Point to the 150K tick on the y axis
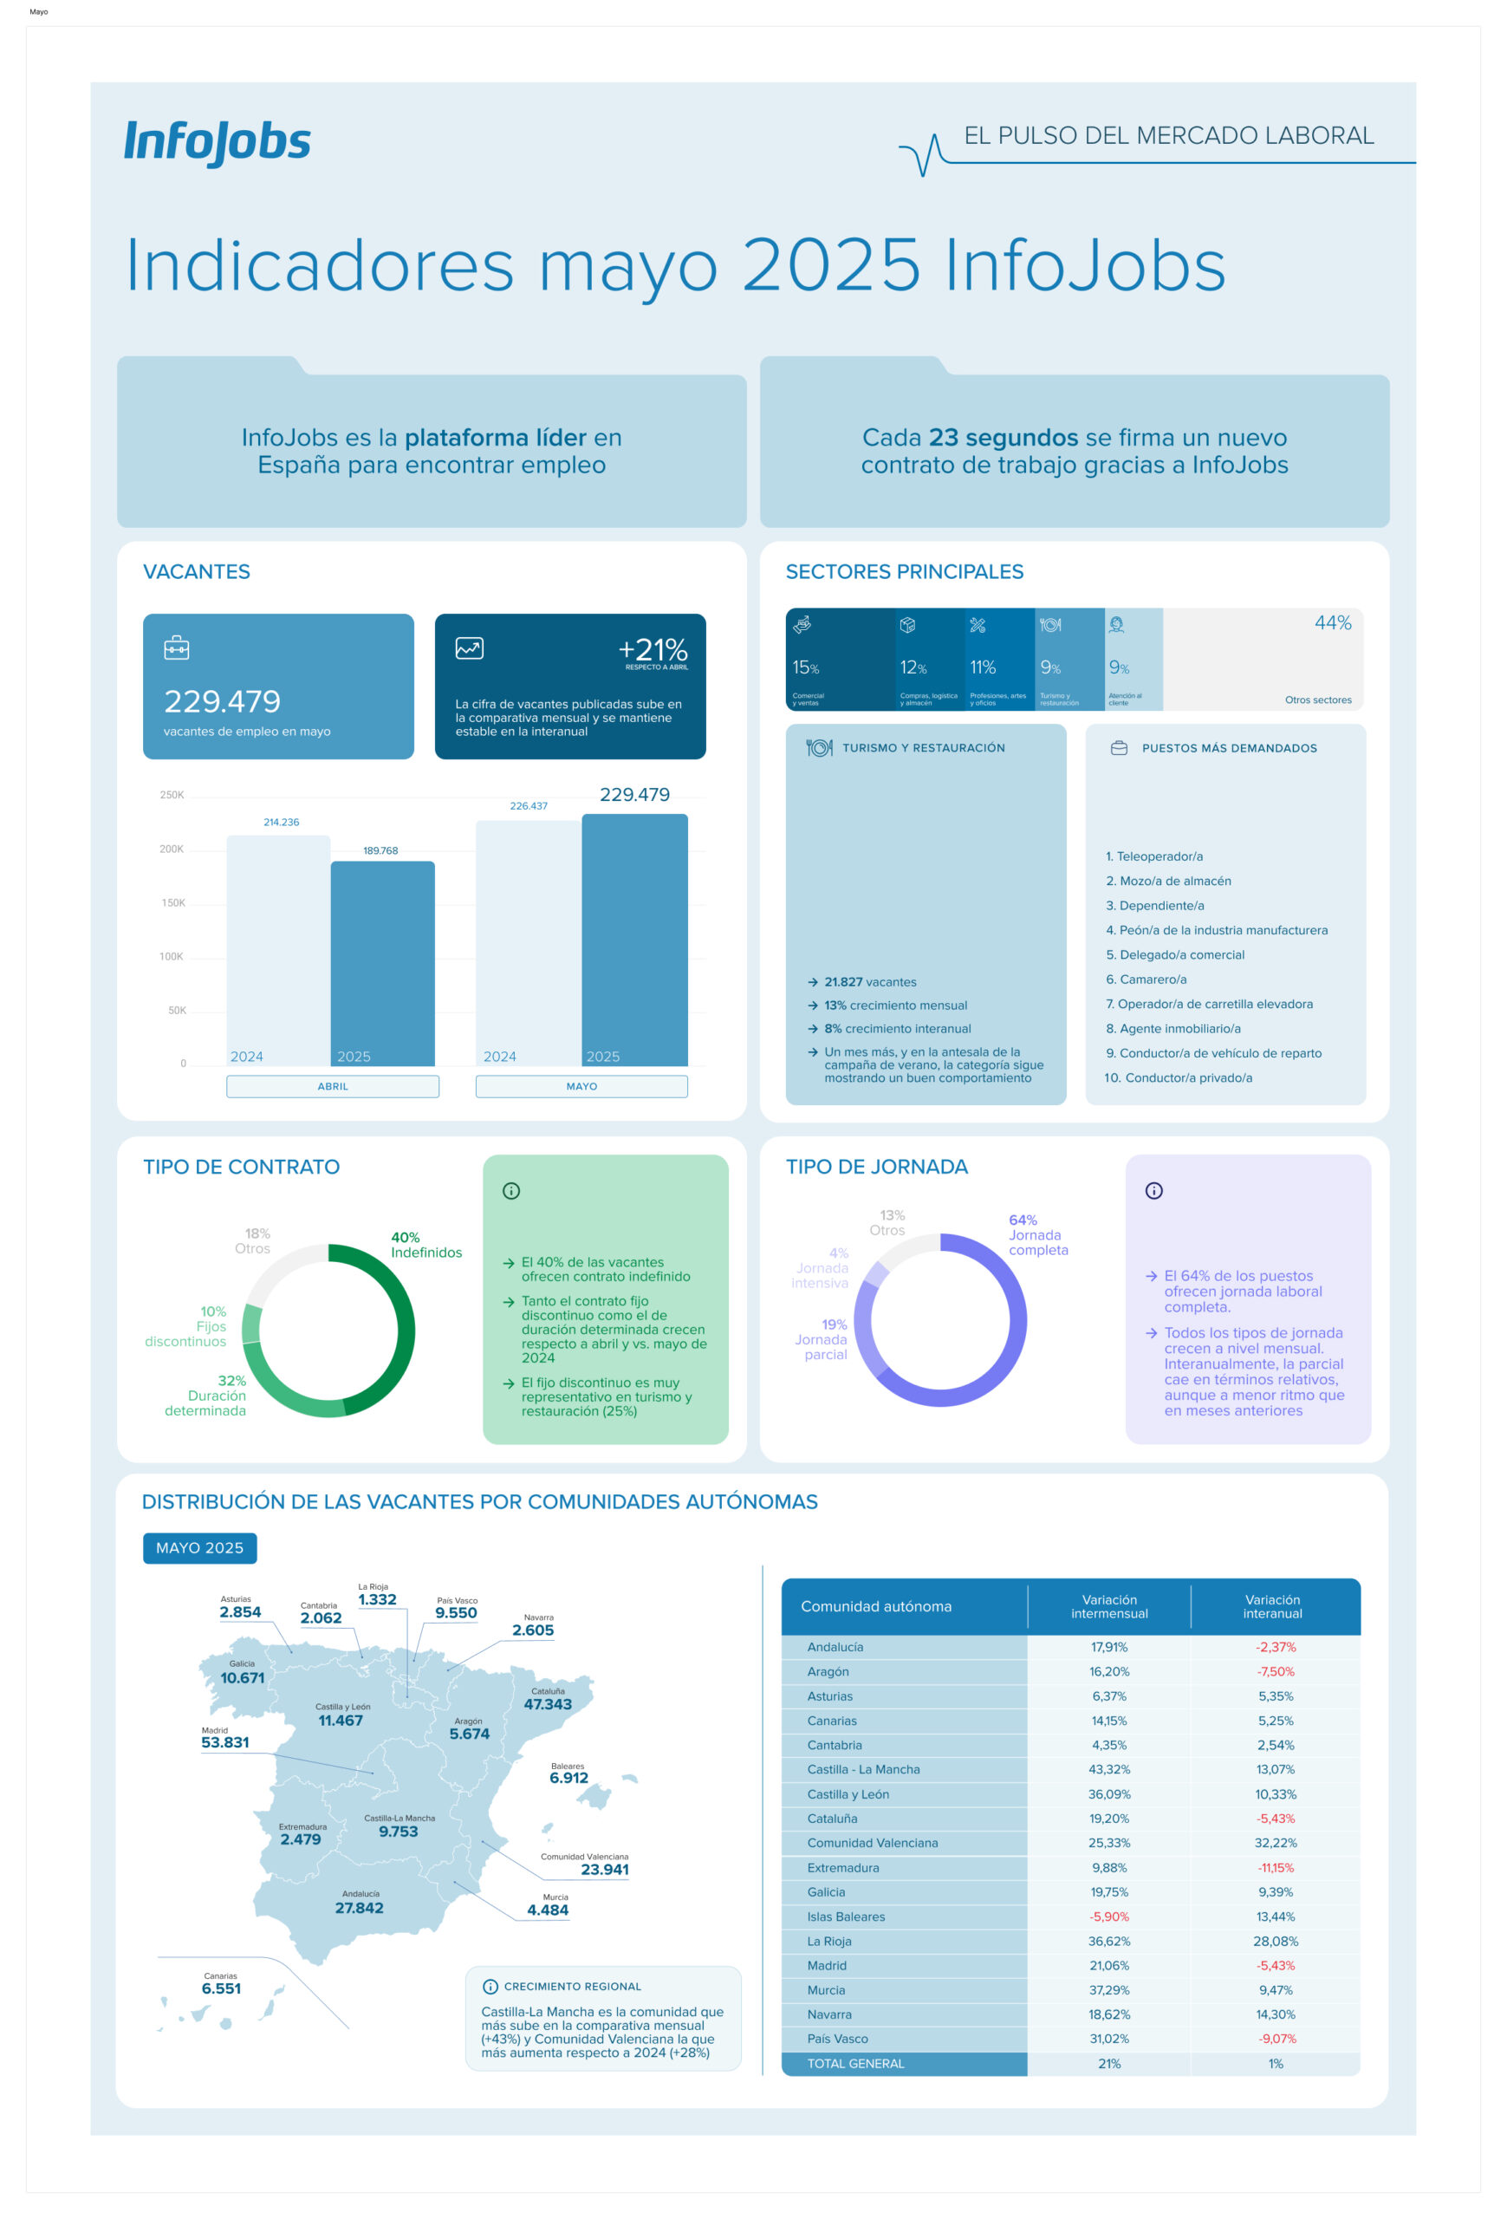(172, 902)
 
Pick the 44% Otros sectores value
(1331, 622)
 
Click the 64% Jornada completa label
(1036, 1234)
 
